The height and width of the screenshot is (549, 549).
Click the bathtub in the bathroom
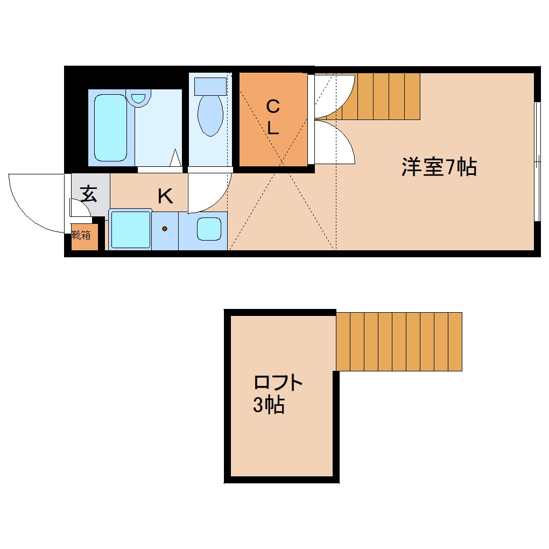111,127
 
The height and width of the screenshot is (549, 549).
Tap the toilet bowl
210,115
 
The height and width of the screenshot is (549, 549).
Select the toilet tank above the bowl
210,86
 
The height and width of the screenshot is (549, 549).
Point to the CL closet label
273,117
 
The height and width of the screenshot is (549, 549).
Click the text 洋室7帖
439,167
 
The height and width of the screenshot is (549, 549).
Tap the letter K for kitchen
165,196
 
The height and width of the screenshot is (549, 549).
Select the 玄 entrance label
89,193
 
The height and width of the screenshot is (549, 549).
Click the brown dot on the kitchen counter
165,229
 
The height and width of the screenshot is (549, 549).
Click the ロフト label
278,383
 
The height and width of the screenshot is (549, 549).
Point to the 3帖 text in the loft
269,405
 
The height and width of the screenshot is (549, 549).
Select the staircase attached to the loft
399,341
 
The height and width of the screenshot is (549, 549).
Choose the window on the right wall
536,161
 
